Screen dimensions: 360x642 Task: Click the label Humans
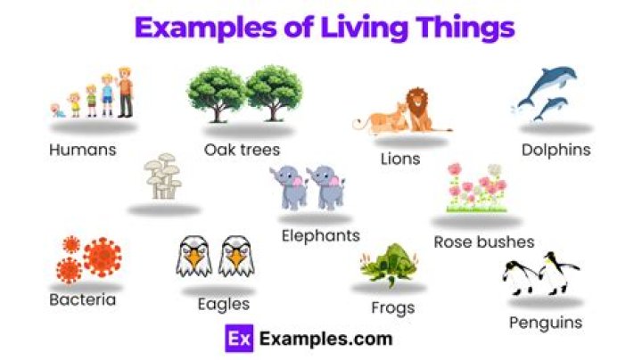pyautogui.click(x=83, y=150)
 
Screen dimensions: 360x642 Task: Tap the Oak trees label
pyautogui.click(x=242, y=150)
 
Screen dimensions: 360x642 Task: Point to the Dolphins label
pyautogui.click(x=556, y=150)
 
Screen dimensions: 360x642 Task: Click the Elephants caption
pyautogui.click(x=320, y=235)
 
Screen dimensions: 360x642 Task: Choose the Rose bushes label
pyautogui.click(x=484, y=241)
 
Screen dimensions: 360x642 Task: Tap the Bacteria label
pyautogui.click(x=82, y=299)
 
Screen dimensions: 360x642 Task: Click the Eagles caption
pyautogui.click(x=223, y=304)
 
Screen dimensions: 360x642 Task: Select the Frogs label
pyautogui.click(x=392, y=308)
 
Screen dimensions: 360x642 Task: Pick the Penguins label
pyautogui.click(x=545, y=322)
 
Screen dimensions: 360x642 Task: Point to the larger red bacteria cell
pyautogui.click(x=103, y=257)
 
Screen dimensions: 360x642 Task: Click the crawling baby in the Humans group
pyautogui.click(x=58, y=110)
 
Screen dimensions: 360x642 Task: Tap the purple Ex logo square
pyautogui.click(x=236, y=339)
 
